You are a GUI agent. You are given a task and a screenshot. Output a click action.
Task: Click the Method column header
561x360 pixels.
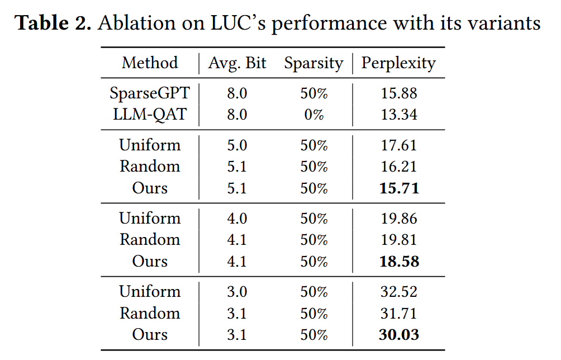point(150,63)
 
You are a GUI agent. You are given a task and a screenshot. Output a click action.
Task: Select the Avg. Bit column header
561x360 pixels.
point(237,63)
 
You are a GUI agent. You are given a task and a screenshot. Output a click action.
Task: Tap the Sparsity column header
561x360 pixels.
point(313,63)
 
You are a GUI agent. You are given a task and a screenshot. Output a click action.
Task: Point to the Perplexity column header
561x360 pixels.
point(398,63)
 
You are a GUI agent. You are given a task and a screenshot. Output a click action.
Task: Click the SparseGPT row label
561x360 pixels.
point(150,93)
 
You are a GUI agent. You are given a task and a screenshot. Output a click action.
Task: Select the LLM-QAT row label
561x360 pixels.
point(150,115)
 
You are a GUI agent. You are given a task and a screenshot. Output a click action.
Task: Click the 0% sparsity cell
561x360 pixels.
point(313,115)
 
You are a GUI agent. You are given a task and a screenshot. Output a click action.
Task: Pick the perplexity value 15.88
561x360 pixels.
point(399,93)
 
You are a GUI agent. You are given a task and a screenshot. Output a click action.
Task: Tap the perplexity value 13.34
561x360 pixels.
point(399,115)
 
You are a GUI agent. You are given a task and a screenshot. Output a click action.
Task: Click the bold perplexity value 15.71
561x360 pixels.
point(399,188)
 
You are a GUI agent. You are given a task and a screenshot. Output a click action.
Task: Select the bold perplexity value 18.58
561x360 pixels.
point(399,262)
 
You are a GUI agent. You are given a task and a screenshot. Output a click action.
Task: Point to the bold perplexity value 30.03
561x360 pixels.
point(399,335)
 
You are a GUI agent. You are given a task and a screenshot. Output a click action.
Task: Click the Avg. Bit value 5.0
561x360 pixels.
point(237,145)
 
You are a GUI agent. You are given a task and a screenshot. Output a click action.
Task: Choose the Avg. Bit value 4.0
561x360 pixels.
point(237,219)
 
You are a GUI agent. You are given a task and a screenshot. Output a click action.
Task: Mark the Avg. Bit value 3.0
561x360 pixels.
point(237,292)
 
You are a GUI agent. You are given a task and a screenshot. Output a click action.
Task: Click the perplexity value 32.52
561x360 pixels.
point(399,292)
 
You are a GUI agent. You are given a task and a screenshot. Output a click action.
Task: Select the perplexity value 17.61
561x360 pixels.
point(399,145)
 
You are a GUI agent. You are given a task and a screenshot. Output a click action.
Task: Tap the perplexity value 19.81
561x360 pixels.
point(399,240)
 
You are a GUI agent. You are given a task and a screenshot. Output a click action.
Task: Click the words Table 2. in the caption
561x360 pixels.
point(53,23)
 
